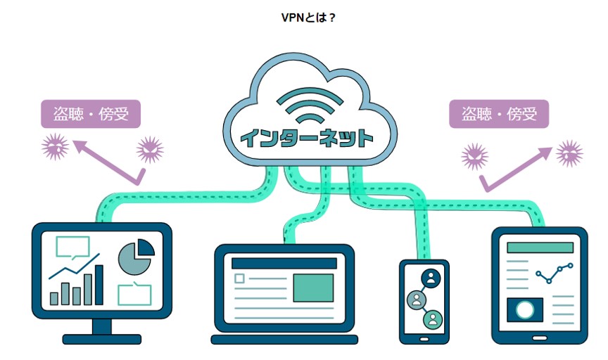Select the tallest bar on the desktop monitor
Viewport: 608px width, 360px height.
click(x=99, y=285)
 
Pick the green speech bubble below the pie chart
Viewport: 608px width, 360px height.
click(x=134, y=294)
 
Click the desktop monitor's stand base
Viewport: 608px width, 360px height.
click(x=101, y=339)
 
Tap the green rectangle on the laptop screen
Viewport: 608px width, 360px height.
click(x=313, y=288)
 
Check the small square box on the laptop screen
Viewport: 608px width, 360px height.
click(x=239, y=278)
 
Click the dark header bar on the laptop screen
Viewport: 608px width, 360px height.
click(x=284, y=263)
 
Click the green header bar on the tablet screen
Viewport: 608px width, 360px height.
click(x=540, y=247)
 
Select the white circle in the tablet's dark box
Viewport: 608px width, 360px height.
click(x=524, y=309)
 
